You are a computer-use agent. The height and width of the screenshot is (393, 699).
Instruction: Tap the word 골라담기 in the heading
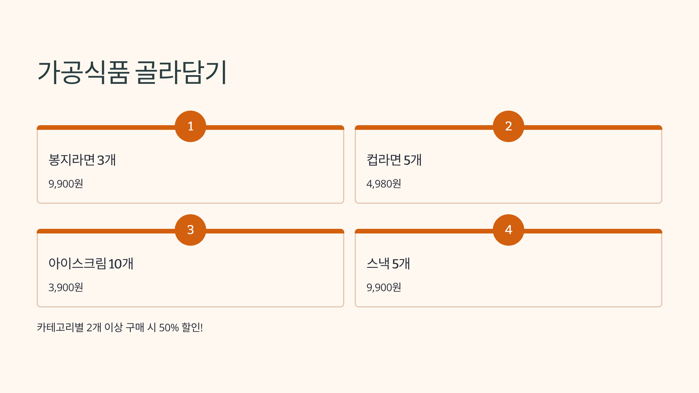[181, 72]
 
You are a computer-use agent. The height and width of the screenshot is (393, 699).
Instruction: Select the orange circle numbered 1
[190, 126]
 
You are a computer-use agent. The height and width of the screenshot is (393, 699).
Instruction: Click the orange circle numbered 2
[509, 126]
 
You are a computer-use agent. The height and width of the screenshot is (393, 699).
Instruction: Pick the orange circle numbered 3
[190, 230]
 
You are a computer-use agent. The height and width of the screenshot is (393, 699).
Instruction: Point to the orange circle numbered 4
[509, 230]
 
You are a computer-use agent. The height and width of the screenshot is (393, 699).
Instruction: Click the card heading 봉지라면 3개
[82, 160]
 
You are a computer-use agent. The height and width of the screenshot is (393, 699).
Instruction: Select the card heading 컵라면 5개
[394, 160]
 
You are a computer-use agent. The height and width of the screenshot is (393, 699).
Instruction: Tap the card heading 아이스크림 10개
[91, 264]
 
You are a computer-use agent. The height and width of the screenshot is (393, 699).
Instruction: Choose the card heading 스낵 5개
[388, 264]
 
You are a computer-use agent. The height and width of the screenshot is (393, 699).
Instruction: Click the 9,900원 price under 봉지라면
[66, 184]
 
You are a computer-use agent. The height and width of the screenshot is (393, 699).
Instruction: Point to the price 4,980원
[384, 184]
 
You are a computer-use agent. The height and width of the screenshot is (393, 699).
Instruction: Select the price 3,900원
[66, 288]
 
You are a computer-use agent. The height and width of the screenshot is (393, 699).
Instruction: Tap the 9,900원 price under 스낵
[384, 288]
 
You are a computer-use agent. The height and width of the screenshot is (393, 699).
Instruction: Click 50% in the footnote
[169, 328]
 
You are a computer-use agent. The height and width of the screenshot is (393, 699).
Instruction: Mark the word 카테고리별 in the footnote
[60, 328]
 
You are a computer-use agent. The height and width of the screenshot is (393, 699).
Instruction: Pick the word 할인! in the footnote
[192, 328]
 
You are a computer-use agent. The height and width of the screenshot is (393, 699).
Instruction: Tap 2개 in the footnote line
[94, 328]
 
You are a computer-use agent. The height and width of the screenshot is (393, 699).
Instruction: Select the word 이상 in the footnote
[114, 328]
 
